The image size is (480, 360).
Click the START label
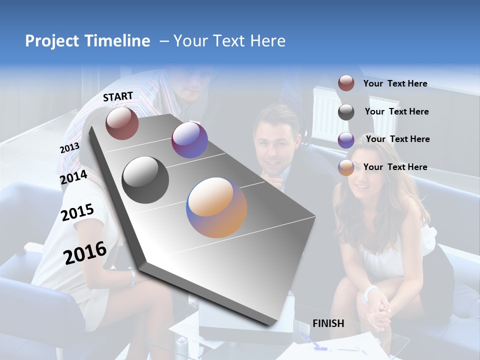point(118,96)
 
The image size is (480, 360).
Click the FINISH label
point(328,323)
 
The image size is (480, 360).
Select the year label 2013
point(69,148)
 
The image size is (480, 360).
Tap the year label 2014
point(73,177)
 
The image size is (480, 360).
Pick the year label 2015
point(77,212)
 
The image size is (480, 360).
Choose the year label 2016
point(85,253)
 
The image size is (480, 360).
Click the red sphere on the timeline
point(122,123)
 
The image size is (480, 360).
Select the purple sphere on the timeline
point(189,140)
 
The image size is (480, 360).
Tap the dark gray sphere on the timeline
point(145,180)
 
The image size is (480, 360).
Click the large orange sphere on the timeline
point(216,207)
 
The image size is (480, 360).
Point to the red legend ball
point(346,83)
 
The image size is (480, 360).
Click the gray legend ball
point(346,112)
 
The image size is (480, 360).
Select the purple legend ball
point(346,140)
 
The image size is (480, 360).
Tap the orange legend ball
point(346,167)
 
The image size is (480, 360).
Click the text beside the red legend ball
point(395,83)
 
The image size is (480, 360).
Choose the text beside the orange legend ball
point(395,167)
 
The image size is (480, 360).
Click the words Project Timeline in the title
point(87,41)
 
